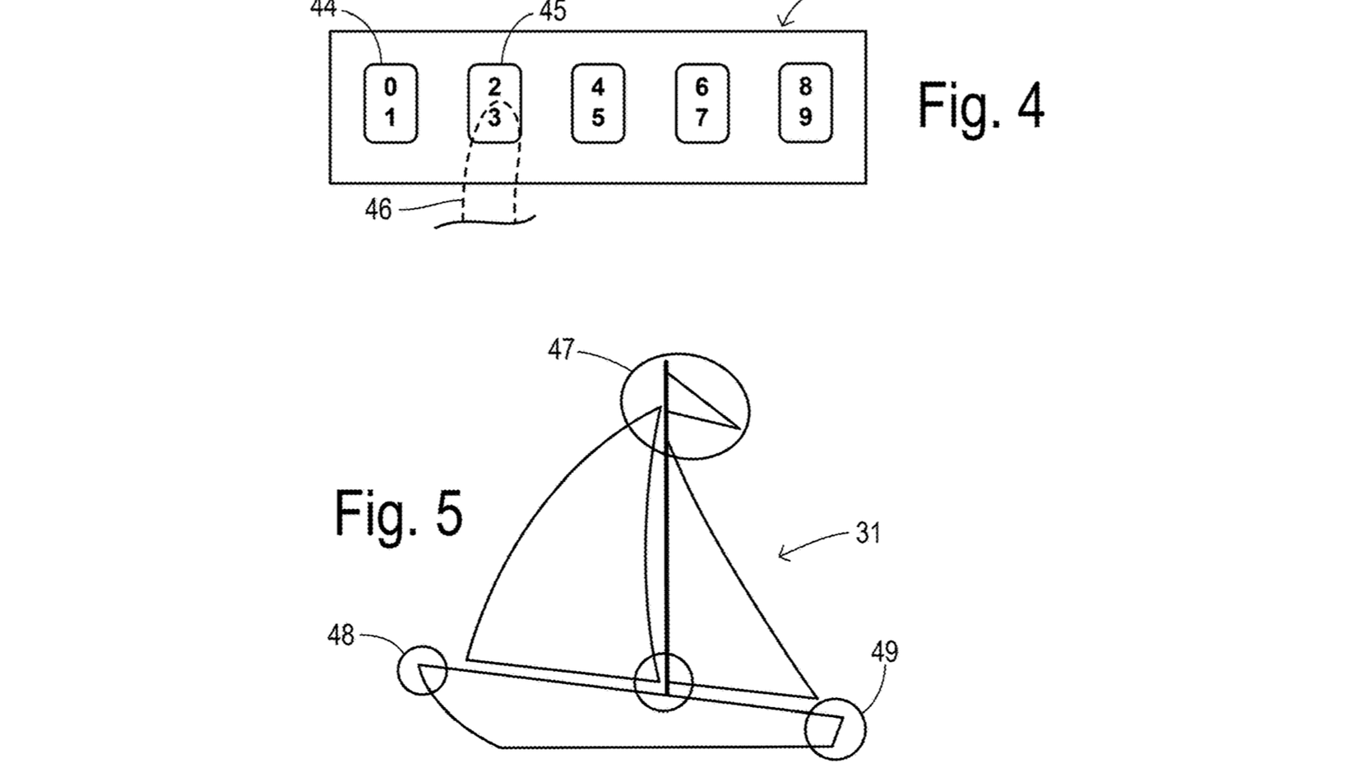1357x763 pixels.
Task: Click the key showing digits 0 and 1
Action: tap(391, 104)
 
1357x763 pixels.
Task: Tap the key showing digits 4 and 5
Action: tap(598, 104)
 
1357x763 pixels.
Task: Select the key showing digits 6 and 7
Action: tap(702, 104)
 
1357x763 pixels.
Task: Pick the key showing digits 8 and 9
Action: tap(805, 104)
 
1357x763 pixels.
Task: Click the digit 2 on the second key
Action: tap(494, 87)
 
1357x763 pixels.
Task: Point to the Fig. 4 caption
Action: tap(980, 105)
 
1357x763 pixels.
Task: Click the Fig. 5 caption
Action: tap(399, 513)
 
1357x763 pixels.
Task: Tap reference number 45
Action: tap(552, 12)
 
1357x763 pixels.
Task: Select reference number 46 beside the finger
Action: tap(378, 210)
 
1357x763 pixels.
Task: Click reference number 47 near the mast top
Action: tap(561, 350)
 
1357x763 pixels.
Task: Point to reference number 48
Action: tap(340, 636)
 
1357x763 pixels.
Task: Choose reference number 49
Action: tap(884, 653)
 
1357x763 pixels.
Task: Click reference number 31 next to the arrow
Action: tap(868, 534)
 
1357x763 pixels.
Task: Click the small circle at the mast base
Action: tap(665, 682)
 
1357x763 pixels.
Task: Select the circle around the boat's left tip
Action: tap(423, 669)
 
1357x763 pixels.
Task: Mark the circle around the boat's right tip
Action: tap(835, 728)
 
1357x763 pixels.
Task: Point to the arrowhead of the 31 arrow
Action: tap(782, 555)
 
